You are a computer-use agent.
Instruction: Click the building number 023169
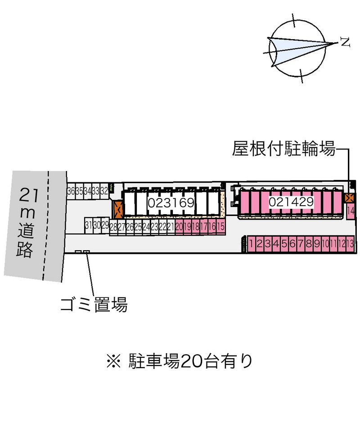[x=171, y=203]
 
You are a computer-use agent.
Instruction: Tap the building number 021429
[x=291, y=202]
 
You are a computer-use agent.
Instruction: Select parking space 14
[x=351, y=211]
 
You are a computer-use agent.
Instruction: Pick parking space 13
[x=350, y=244]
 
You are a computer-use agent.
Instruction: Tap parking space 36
[x=71, y=190]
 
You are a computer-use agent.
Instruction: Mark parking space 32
[x=104, y=190]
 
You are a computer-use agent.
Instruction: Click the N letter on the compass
[x=345, y=43]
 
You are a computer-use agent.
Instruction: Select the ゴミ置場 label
[x=94, y=306]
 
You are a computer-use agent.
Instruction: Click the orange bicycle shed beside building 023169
[x=118, y=209]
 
